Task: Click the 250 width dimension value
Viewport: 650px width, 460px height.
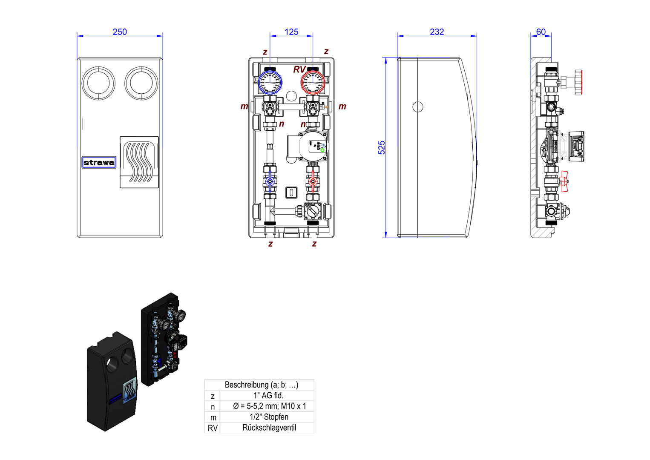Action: (120, 32)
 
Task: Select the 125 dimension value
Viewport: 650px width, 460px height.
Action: (291, 32)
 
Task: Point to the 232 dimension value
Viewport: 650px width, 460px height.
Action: (437, 32)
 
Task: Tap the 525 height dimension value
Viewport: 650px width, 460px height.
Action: (382, 147)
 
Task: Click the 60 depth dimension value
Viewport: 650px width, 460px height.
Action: (541, 32)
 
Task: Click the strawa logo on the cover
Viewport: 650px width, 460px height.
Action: (99, 162)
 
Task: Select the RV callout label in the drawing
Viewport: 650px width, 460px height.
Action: (299, 69)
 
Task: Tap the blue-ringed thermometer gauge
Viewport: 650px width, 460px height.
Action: (270, 82)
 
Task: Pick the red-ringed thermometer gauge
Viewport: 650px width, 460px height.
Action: (313, 82)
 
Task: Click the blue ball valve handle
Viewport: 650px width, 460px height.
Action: (270, 182)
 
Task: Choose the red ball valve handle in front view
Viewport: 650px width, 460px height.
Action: (313, 181)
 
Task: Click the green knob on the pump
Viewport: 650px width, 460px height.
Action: (323, 149)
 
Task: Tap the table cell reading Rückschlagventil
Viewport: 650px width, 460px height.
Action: (269, 428)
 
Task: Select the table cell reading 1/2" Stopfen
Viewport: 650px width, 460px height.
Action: (269, 417)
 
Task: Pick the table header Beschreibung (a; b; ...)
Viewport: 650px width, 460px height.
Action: (261, 385)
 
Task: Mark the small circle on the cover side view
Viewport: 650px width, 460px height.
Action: (417, 106)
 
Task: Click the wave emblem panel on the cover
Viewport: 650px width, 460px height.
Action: (139, 162)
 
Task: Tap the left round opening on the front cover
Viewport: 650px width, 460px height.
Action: (98, 83)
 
